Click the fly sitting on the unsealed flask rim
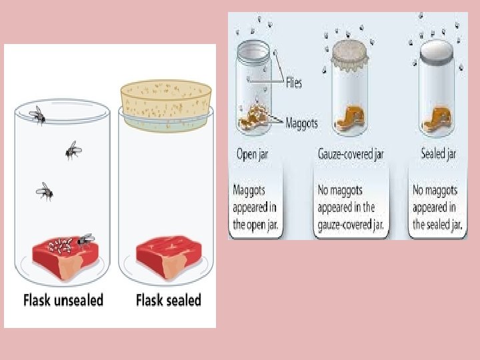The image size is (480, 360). pos(38,115)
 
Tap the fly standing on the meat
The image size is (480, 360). pos(85,240)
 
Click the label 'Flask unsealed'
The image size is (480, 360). pos(63,300)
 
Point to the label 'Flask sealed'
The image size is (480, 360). pos(168,300)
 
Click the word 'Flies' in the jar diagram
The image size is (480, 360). pos(293,83)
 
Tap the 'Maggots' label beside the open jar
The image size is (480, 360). pos(301,123)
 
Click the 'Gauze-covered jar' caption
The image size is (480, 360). pos(350,154)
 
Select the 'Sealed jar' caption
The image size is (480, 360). pos(438,154)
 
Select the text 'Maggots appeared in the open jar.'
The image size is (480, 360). pos(257,207)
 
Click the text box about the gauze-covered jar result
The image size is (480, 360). pos(351,207)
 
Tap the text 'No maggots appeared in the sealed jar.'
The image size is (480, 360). pos(437,207)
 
